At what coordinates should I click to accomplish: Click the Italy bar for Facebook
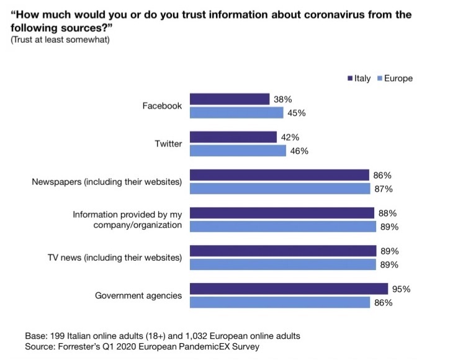(x=230, y=99)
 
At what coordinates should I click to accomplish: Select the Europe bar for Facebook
(x=236, y=112)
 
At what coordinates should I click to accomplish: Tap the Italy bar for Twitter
(x=233, y=137)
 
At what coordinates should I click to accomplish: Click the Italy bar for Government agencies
(x=289, y=289)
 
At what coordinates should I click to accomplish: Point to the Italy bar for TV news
(x=283, y=251)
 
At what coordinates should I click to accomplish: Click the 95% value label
(x=402, y=289)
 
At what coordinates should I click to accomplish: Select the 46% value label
(x=299, y=151)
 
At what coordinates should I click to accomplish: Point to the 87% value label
(x=389, y=189)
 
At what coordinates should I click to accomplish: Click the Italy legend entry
(x=359, y=78)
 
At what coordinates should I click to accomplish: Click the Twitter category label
(x=168, y=143)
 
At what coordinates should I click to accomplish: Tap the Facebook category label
(x=162, y=106)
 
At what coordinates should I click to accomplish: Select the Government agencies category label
(x=138, y=295)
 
